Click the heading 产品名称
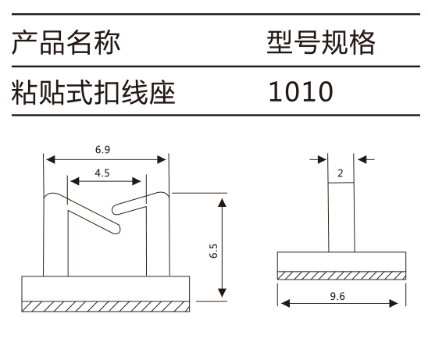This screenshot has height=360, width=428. click(x=66, y=43)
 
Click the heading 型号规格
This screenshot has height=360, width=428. click(x=321, y=43)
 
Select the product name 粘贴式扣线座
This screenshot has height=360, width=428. click(x=93, y=92)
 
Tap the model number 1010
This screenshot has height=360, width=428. click(x=301, y=91)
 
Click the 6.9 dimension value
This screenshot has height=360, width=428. click(x=102, y=150)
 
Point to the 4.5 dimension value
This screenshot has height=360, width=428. click(x=102, y=173)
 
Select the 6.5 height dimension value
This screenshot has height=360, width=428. click(x=213, y=251)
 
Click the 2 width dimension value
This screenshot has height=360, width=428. click(x=340, y=173)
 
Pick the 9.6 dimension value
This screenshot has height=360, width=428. click(x=337, y=296)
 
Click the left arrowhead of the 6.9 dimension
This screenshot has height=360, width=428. click(x=50, y=159)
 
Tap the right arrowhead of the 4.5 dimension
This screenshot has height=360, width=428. click(x=137, y=181)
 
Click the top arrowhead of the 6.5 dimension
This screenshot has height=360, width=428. click(x=222, y=203)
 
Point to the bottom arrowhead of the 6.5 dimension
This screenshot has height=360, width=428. click(x=222, y=293)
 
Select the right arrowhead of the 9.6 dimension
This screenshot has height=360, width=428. click(x=394, y=303)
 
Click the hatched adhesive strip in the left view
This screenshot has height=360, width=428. click(x=105, y=306)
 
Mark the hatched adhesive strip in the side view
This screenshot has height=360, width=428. click(x=341, y=276)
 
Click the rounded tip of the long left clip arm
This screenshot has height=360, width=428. click(x=117, y=230)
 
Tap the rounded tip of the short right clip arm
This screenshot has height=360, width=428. click(x=116, y=209)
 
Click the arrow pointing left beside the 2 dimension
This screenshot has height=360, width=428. click(x=366, y=159)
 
